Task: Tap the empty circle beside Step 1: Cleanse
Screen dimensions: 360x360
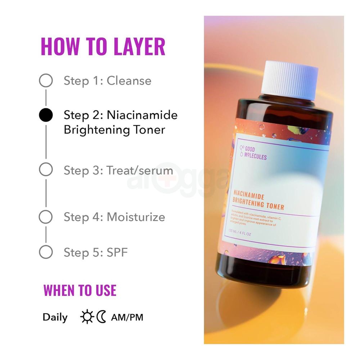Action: [46, 80]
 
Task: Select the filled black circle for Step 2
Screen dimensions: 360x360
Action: [46, 115]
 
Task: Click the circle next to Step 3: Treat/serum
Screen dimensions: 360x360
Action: [46, 170]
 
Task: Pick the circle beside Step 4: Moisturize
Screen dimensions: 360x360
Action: [46, 217]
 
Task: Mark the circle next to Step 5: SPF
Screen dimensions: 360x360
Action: [46, 252]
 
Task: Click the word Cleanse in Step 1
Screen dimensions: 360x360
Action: [129, 80]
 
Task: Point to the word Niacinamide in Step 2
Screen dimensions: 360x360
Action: [142, 115]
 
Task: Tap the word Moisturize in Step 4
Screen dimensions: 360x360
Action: [136, 217]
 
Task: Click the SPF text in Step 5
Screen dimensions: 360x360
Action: [117, 252]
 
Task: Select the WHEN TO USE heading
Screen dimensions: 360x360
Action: [80, 290]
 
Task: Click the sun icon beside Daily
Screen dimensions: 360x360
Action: [87, 317]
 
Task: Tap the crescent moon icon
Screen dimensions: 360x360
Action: [102, 317]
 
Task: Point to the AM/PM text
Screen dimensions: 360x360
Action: [127, 318]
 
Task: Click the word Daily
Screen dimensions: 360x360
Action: [55, 318]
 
